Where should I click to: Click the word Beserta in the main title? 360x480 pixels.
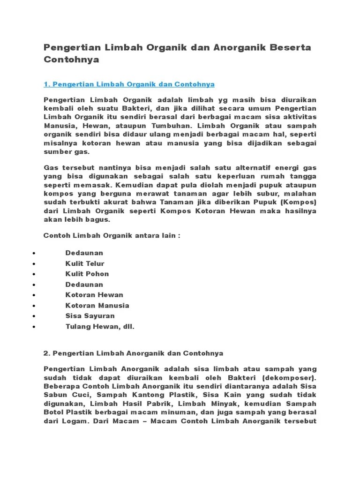coord(292,47)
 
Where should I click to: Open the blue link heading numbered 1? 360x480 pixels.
coord(129,84)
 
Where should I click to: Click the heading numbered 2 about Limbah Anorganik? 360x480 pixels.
coord(133,352)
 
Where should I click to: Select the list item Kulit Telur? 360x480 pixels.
coord(85,263)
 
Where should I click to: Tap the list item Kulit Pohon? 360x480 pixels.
coord(87,274)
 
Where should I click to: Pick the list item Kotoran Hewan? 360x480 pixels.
coord(94,295)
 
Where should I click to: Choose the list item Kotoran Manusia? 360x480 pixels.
coord(97,305)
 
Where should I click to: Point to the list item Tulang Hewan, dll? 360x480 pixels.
coord(100,327)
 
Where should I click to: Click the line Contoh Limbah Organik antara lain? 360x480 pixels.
coord(112,235)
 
